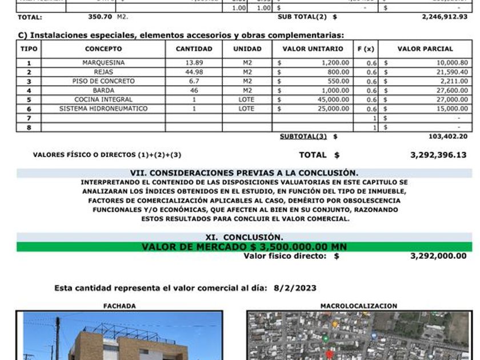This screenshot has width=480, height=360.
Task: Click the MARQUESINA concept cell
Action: tap(103, 63)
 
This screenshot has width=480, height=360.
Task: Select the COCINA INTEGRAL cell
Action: tap(103, 99)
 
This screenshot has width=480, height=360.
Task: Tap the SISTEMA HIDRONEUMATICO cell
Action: tap(103, 109)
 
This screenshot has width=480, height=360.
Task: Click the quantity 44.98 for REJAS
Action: tap(194, 72)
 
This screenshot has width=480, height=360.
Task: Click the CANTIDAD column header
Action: tap(194, 49)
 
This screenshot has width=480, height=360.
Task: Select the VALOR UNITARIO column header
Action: tap(313, 49)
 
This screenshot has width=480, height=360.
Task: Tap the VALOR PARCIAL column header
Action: tap(425, 49)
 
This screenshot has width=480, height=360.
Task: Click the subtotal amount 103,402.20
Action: tap(447, 137)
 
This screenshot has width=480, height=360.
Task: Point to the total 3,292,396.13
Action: tap(438, 155)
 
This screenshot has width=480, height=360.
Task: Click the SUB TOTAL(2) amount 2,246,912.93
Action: tap(444, 17)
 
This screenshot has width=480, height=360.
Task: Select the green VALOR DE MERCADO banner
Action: tap(244, 247)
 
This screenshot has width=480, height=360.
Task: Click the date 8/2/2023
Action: tap(295, 289)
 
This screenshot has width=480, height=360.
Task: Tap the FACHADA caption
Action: tap(119, 306)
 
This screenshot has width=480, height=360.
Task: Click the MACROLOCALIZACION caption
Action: tap(359, 306)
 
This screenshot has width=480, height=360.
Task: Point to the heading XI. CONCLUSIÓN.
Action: tap(244, 237)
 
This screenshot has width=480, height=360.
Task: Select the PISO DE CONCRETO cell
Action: tap(103, 81)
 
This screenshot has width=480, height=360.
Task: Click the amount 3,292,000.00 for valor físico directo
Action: tap(438, 256)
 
